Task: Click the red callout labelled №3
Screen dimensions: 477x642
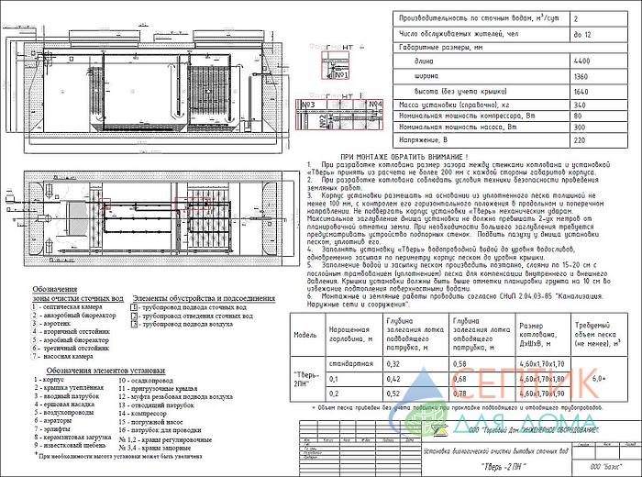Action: click(x=309, y=106)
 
